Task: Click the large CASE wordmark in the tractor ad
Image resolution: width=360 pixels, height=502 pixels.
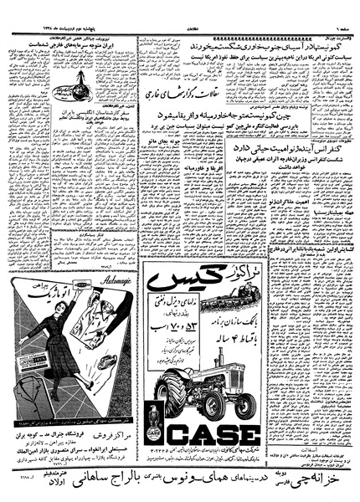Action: tap(214, 436)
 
